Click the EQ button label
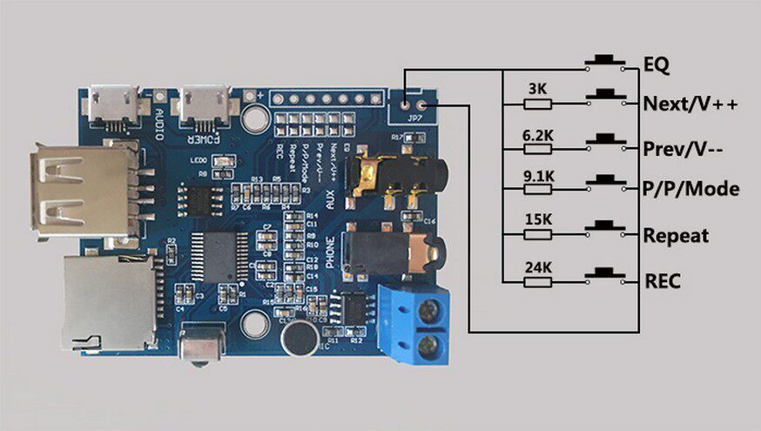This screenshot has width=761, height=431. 656,64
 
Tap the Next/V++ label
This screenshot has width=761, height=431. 690,104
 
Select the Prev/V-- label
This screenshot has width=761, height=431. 684,148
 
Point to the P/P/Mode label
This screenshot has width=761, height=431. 690,189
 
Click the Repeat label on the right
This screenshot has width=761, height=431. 676,236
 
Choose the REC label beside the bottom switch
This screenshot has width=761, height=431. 662,281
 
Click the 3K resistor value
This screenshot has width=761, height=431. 537,89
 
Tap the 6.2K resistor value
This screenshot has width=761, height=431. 537,135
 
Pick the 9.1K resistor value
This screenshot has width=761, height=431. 537,176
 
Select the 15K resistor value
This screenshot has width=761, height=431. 537,221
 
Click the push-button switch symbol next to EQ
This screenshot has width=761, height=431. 606,61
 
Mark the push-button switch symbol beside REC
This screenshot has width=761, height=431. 606,275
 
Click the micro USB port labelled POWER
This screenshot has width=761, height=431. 203,104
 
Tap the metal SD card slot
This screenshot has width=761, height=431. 108,300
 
